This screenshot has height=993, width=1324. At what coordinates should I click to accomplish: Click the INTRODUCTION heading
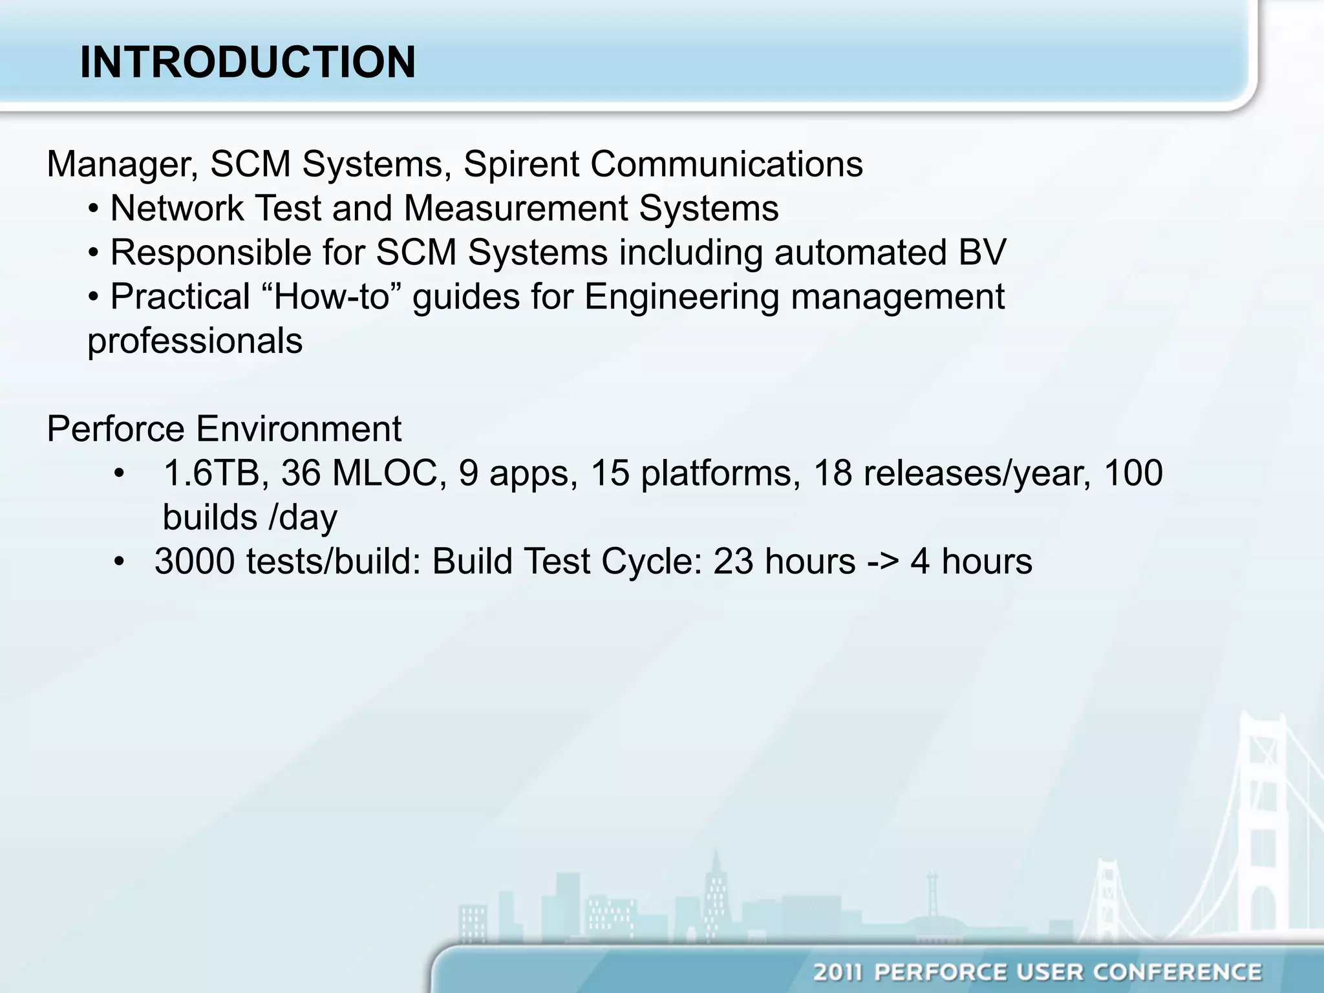coord(248,63)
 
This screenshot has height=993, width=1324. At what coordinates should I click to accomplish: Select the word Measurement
coord(515,209)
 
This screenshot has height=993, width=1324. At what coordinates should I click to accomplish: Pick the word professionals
coord(195,341)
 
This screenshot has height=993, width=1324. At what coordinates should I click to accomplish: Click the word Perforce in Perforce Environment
coord(115,429)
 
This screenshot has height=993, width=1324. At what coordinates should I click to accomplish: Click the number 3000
coord(195,561)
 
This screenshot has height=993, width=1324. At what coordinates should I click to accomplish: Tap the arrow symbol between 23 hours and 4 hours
coord(882,561)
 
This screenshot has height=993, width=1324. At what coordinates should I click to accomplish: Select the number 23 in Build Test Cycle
coord(733,561)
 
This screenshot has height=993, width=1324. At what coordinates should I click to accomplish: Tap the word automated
coord(857,253)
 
